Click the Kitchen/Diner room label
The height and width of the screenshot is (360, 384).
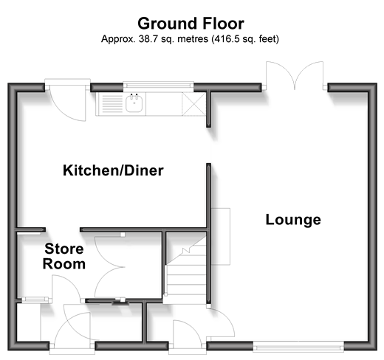113,170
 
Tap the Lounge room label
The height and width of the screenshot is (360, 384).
293,220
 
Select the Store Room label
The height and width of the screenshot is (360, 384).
64,256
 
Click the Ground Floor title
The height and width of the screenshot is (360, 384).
191,24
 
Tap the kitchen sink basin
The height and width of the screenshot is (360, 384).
134,103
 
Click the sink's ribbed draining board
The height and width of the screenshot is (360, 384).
112,103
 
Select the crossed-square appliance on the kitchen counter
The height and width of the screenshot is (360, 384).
193,104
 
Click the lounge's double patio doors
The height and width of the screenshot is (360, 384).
295,75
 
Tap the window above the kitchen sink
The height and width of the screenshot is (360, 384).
158,85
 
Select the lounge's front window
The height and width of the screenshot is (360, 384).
298,347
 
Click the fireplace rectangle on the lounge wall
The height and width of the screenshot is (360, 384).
221,237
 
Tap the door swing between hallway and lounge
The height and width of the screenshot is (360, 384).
221,322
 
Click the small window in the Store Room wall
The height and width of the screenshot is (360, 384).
35,300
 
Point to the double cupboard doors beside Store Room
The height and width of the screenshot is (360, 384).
109,266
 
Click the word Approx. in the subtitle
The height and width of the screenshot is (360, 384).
118,39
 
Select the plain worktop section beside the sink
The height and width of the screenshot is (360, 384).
164,104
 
